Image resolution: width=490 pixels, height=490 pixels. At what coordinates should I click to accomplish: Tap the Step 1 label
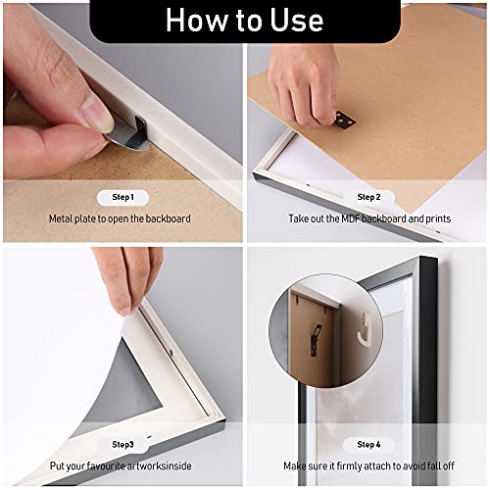point(122,197)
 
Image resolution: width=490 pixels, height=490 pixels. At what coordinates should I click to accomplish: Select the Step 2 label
point(368,197)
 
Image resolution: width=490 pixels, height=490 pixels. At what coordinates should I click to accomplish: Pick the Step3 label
point(122,445)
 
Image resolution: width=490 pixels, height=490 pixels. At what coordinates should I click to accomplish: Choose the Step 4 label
point(368,445)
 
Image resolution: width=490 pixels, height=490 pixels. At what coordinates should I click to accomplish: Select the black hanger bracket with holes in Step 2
point(345,120)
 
